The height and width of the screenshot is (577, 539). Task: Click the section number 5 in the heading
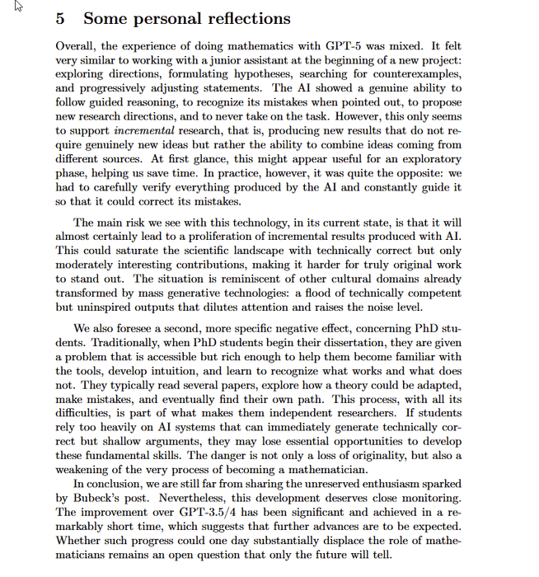(x=61, y=19)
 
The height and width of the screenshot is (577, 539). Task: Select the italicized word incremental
(x=146, y=131)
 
